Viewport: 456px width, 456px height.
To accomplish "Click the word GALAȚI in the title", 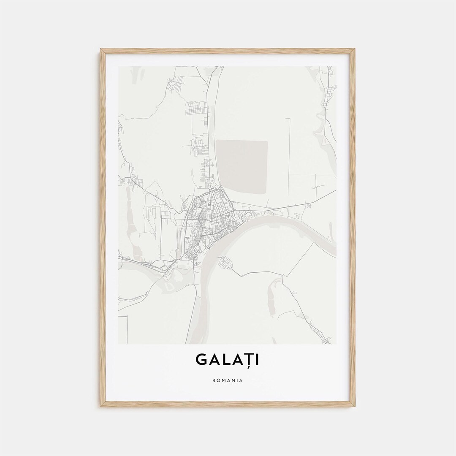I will [x=228, y=359].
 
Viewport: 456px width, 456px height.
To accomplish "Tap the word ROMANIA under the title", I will [x=228, y=380].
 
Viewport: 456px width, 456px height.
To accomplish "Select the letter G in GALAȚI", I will [x=201, y=359].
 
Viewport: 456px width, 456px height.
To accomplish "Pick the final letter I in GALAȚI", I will [x=258, y=359].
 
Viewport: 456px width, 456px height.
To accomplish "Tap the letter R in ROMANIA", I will [x=214, y=380].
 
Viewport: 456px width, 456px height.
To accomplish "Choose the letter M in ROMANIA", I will [x=224, y=380].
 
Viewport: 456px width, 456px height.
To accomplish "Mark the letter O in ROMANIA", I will [x=218, y=380].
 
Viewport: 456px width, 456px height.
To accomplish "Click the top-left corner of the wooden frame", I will [x=102, y=50].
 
